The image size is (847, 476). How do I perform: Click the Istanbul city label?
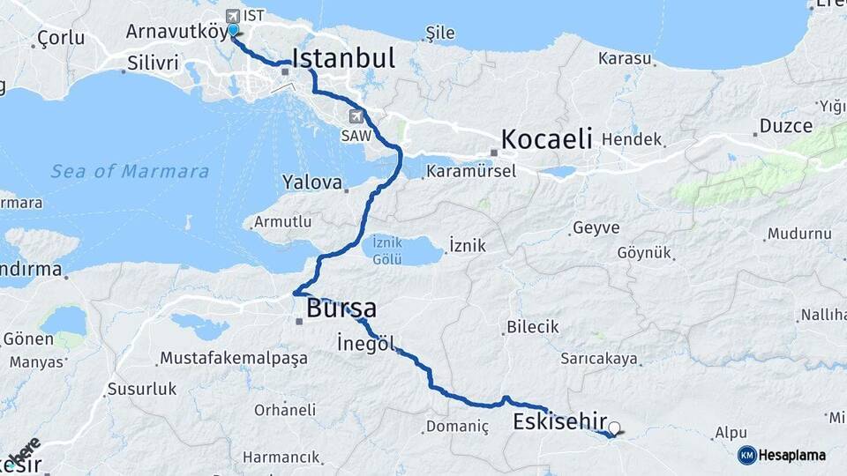click(343, 58)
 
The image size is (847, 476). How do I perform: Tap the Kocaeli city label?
click(545, 139)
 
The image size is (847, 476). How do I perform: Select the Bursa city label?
click(341, 309)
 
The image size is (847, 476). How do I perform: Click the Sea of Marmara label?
click(130, 171)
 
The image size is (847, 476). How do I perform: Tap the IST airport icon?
click(234, 15)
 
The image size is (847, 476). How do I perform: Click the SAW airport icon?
click(356, 116)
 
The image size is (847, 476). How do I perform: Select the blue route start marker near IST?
click(233, 31)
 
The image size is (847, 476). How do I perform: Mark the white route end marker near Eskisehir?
click(614, 428)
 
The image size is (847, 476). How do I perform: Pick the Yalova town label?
click(311, 182)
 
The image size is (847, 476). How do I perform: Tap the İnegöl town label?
click(365, 344)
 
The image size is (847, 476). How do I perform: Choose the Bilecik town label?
click(533, 327)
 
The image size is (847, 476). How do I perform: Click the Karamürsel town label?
click(471, 171)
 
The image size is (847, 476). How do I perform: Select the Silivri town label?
click(153, 63)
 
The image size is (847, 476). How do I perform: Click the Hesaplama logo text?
click(792, 455)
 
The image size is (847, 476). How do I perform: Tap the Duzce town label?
click(785, 126)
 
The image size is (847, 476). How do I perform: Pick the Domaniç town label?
click(457, 427)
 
